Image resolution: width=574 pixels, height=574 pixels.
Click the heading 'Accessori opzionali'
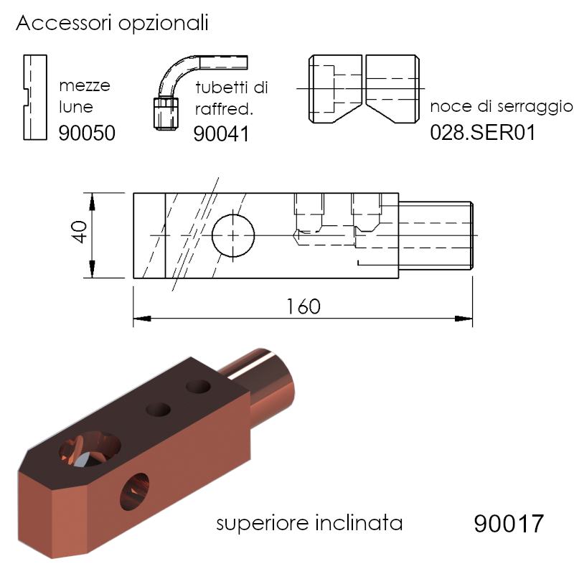click(x=112, y=24)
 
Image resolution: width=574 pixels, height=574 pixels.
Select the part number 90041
click(x=221, y=133)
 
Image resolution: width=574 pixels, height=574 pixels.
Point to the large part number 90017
click(x=509, y=524)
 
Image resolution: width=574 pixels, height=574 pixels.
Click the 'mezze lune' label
click(x=85, y=97)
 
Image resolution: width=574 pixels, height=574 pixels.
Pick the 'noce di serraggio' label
click(x=501, y=107)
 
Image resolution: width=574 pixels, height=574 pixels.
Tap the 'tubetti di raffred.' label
click(x=231, y=98)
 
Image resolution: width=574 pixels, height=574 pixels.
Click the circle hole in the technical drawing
click(x=233, y=235)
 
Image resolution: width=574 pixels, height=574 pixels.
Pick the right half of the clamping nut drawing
click(x=392, y=88)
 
